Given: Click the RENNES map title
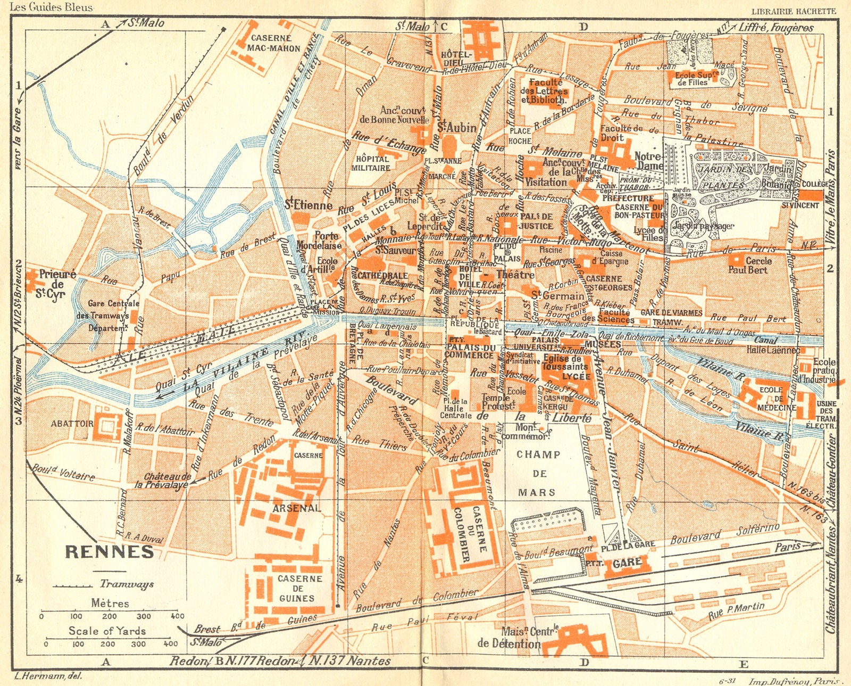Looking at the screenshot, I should tap(109, 552).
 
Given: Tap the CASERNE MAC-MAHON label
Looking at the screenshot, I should tap(274, 43).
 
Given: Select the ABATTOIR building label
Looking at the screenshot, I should tap(72, 424).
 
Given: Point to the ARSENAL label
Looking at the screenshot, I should tap(297, 508).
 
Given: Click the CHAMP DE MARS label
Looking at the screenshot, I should tap(538, 473).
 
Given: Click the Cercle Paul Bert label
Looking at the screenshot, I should tap(751, 265).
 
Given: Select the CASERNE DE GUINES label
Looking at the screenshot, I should tap(299, 588).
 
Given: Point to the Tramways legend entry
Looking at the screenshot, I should tap(127, 584).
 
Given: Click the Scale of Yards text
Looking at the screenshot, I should tap(107, 631).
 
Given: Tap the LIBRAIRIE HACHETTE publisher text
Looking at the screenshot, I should tap(794, 11).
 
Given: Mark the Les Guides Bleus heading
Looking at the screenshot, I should tap(52, 7).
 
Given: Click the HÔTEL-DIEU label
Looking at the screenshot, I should tap(456, 59).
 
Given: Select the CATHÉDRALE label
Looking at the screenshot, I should tap(382, 275).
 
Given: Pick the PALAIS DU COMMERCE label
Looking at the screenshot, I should tap(470, 351).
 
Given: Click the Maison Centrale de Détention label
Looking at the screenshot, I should tap(516, 637).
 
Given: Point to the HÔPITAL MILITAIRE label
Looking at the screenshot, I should tap(371, 163).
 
